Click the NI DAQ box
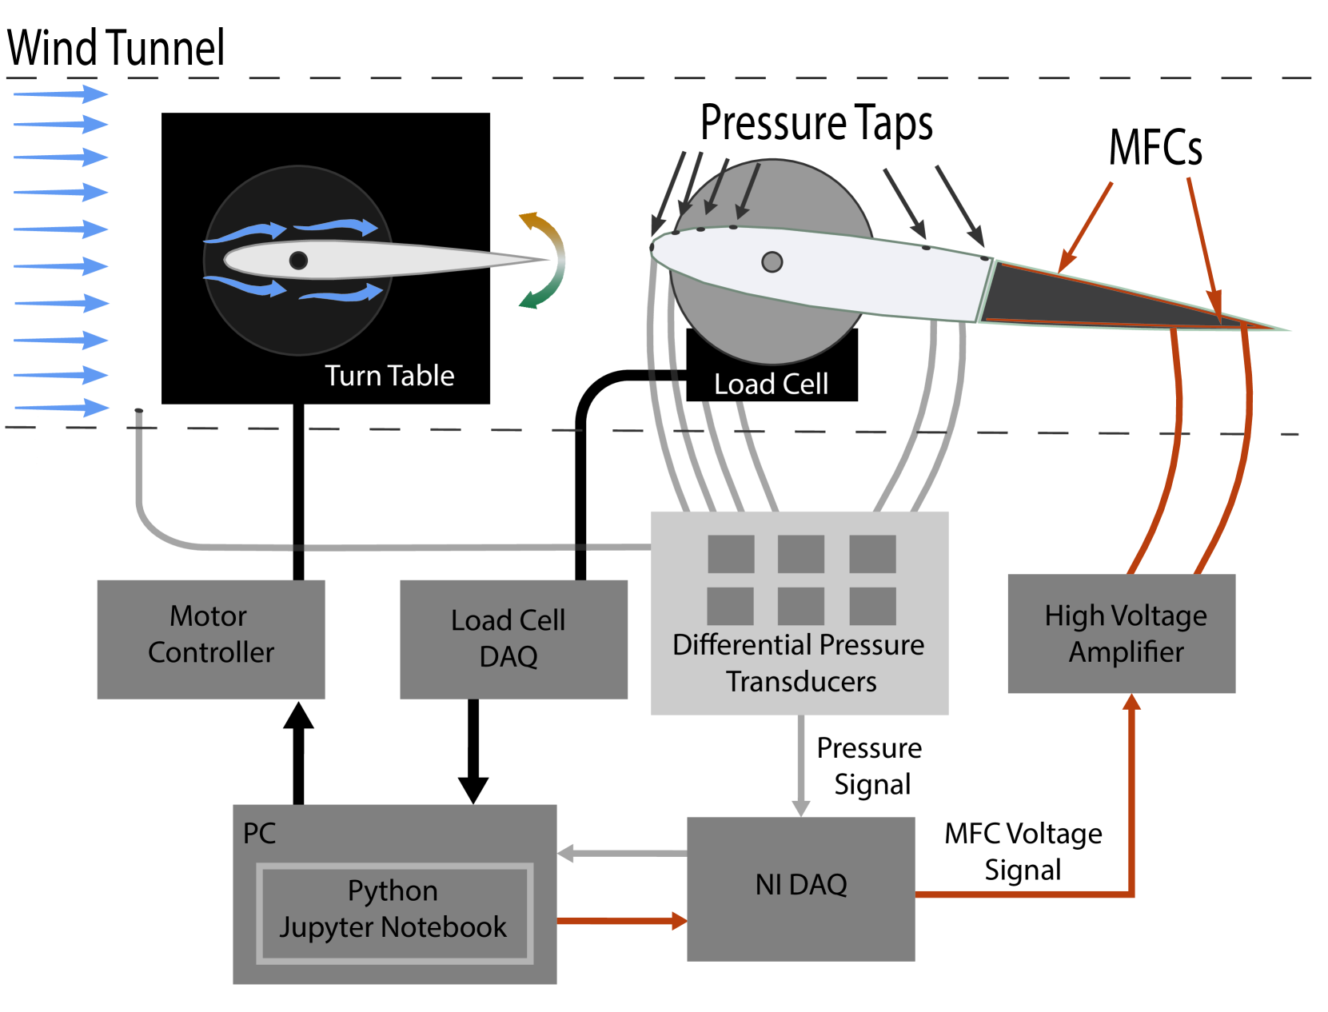(x=800, y=887)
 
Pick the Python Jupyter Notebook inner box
(x=394, y=912)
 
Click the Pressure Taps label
(x=816, y=124)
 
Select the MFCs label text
(x=1155, y=149)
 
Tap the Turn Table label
(x=389, y=376)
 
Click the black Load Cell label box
(x=771, y=384)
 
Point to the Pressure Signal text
(x=870, y=766)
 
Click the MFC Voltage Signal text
(x=1023, y=851)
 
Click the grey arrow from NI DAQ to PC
(x=621, y=854)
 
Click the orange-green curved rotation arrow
(x=547, y=260)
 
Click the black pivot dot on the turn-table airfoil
(x=298, y=260)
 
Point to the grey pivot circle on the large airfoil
(x=772, y=261)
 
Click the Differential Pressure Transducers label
(x=799, y=663)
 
